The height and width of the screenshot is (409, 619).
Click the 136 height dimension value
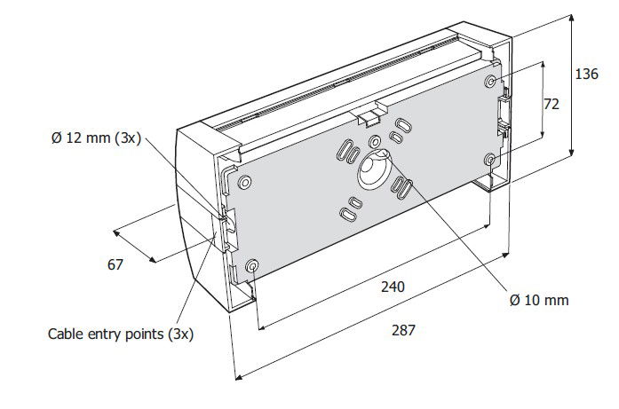pos(586,74)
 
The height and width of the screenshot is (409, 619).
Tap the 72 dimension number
pos(552,104)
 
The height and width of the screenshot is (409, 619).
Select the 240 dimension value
pos(393,287)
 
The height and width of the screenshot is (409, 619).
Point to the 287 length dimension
pos(403,330)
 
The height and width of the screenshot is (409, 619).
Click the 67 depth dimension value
pos(115,264)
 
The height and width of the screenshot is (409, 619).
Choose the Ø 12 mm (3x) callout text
pos(96,138)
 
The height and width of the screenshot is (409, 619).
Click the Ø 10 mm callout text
pos(539,300)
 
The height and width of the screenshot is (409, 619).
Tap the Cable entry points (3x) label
pos(121,334)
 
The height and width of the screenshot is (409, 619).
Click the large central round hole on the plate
pos(374,169)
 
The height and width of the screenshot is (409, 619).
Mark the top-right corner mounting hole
pos(491,82)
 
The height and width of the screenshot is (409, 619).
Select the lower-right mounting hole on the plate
pos(490,160)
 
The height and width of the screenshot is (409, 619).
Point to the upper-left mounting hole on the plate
pos(245,182)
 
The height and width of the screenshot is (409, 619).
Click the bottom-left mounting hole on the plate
pos(252,265)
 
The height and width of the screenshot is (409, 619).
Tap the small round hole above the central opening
pos(374,141)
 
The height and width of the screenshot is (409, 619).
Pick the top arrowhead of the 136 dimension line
pos(571,19)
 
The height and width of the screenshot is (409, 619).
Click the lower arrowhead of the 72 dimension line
pos(543,133)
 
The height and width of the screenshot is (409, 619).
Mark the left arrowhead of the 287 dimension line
pos(238,378)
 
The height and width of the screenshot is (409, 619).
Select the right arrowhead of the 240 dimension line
pos(486,227)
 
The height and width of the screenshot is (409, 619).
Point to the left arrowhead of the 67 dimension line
pos(116,232)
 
